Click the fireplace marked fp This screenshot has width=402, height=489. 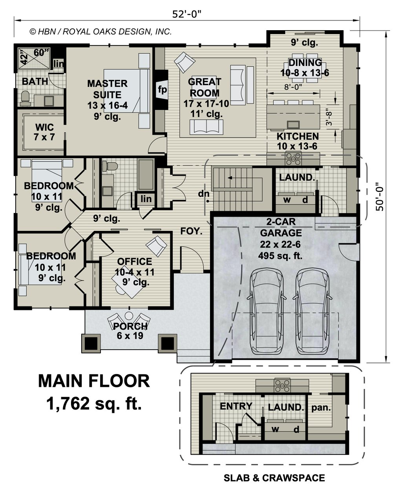point(162,89)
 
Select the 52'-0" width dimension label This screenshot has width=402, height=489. point(186,15)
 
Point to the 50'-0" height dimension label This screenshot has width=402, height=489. point(380,199)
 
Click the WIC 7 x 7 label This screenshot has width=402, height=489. point(44,132)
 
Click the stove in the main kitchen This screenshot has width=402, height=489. point(293,158)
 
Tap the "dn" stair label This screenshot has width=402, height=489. point(204,193)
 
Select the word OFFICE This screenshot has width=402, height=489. point(135,261)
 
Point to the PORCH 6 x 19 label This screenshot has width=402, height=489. point(130,331)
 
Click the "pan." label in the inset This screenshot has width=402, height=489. point(321,408)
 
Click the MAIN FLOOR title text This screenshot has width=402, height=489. point(94,381)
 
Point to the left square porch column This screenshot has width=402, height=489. point(91,343)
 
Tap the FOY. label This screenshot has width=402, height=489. point(191,231)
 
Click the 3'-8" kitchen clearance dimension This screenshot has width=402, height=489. point(329,117)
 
